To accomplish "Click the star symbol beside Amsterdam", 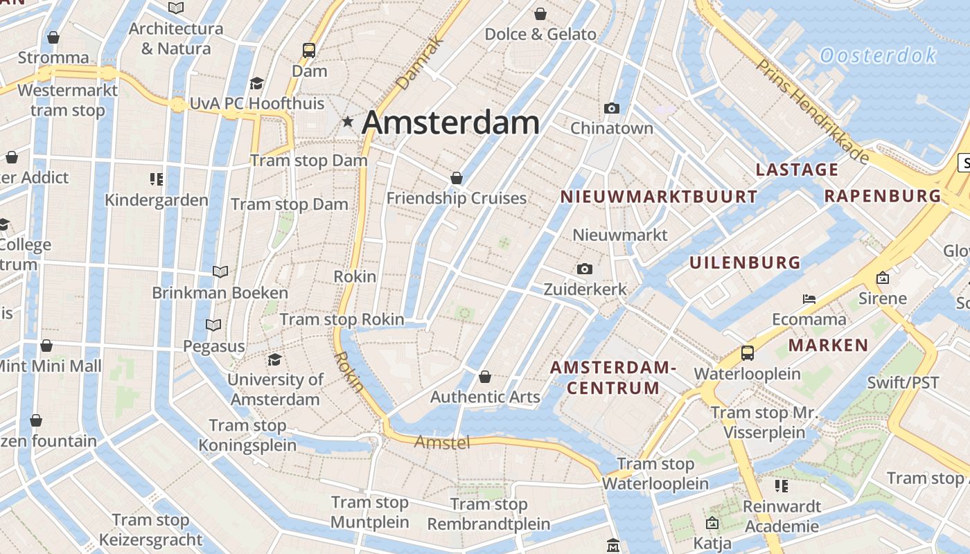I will [348, 122].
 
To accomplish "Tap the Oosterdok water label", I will [878, 55].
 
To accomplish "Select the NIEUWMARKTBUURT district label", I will [658, 197].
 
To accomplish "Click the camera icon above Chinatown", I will [611, 108].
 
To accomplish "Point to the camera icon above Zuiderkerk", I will [585, 269].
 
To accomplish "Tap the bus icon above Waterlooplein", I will [747, 353].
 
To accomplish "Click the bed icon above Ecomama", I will [809, 299].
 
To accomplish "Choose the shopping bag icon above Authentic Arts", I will [485, 377].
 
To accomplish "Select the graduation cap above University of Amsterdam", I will [275, 359].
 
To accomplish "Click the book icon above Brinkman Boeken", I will [220, 271].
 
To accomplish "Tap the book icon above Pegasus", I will [213, 325].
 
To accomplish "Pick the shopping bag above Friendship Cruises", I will [456, 178].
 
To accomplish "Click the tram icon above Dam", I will [309, 50].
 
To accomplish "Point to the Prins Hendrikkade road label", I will [813, 111].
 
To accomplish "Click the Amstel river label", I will [442, 442].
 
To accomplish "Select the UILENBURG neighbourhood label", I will [745, 263].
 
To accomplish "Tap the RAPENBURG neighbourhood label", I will [882, 196].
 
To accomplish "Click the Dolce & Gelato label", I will [540, 35].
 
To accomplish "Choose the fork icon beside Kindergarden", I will [157, 179].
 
